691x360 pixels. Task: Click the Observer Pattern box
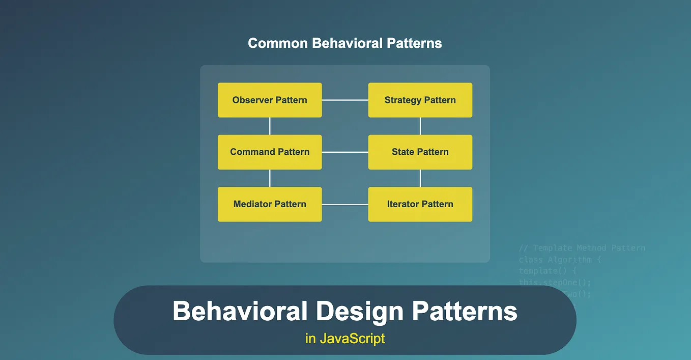pyautogui.click(x=270, y=100)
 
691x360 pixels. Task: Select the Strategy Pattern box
pyautogui.click(x=420, y=100)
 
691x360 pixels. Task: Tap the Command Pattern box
pyautogui.click(x=270, y=152)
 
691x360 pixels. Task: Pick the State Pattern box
pyautogui.click(x=420, y=152)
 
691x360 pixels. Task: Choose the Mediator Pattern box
pyautogui.click(x=270, y=204)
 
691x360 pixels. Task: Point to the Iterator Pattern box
pyautogui.click(x=420, y=204)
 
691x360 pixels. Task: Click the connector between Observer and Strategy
pyautogui.click(x=345, y=100)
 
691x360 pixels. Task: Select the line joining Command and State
pyautogui.click(x=345, y=152)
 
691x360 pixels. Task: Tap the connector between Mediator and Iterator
pyautogui.click(x=345, y=204)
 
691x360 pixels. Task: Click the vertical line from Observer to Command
pyautogui.click(x=270, y=126)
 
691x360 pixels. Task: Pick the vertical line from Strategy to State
pyautogui.click(x=420, y=126)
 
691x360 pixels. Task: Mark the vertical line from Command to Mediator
pyautogui.click(x=270, y=178)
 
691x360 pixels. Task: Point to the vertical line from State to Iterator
pyautogui.click(x=420, y=178)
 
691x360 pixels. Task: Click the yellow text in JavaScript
pyautogui.click(x=345, y=338)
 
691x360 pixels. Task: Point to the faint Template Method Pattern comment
pyautogui.click(x=582, y=248)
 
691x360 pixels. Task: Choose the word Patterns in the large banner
pyautogui.click(x=465, y=311)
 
